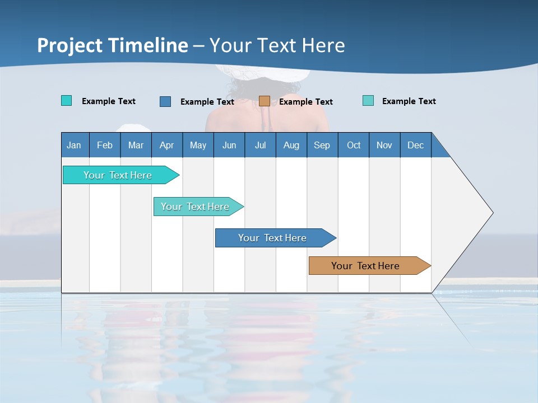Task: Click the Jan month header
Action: [75, 145]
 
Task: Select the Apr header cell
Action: [167, 145]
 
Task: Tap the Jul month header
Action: [260, 145]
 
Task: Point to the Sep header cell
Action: [322, 145]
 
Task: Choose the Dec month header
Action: [415, 145]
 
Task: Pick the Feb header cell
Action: [105, 145]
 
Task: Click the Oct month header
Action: [353, 145]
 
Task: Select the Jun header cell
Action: [229, 145]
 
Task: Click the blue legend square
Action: [165, 101]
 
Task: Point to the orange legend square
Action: [265, 101]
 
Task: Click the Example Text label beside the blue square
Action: [207, 102]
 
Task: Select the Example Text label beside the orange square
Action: [305, 102]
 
